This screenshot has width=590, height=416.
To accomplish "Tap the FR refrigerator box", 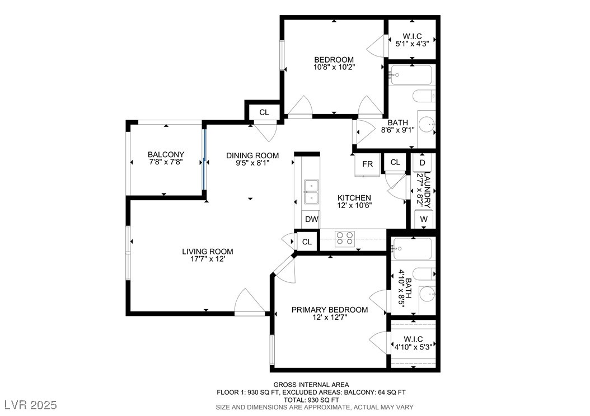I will pos(367,164).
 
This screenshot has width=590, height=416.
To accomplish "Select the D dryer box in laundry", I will pos(423,163).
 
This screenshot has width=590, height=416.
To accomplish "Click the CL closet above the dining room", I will pos(264,112).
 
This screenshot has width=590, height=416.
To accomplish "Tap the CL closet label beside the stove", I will pos(307,242).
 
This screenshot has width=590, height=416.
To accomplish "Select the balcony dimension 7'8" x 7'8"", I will pos(166,162).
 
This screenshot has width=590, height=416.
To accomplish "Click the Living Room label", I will pos(207,252).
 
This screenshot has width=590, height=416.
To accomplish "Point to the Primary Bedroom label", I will pos(330,310).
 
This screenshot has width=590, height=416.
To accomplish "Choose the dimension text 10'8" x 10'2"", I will pos(334,67).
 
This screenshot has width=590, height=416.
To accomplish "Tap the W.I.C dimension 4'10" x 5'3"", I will pos(413,347).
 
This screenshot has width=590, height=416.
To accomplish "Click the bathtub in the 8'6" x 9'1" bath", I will pos(411,75).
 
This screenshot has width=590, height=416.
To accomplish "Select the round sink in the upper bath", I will pos(428,124).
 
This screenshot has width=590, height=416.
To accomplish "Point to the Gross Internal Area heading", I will pos(311,385).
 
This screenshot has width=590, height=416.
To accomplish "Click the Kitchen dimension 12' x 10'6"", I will pos(354,205).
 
